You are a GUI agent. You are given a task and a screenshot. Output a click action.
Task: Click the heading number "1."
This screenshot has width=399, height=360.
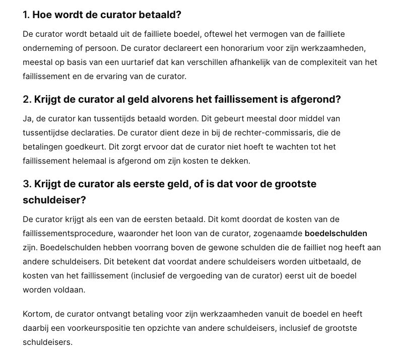pyautogui.click(x=26, y=15)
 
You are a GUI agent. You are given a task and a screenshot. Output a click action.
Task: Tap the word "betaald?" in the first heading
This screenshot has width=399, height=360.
pyautogui.click(x=160, y=15)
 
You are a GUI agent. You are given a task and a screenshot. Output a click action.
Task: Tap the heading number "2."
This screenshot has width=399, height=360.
pyautogui.click(x=27, y=99)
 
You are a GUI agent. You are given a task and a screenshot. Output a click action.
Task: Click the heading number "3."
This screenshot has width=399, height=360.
pyautogui.click(x=27, y=184)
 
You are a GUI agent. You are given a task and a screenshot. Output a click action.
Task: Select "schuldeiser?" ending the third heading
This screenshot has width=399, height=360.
pyautogui.click(x=54, y=200)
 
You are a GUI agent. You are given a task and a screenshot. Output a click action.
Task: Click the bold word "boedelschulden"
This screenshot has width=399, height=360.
pyautogui.click(x=336, y=234)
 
